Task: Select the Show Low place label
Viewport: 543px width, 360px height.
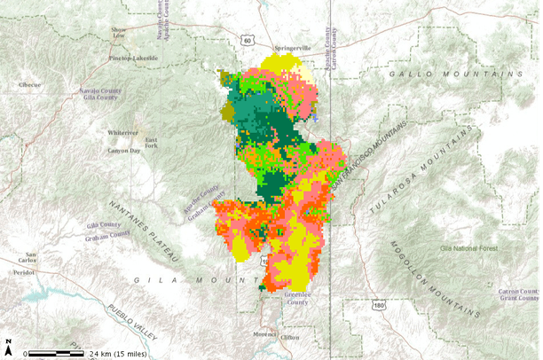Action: coord(118,33)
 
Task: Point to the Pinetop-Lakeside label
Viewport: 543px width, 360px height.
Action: coord(134,59)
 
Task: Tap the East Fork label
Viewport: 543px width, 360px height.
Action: coord(152,144)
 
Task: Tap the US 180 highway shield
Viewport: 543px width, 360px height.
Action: coord(380,306)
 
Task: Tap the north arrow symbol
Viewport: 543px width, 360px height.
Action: coord(9,344)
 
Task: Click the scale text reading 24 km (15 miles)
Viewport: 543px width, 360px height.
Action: coord(119,353)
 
